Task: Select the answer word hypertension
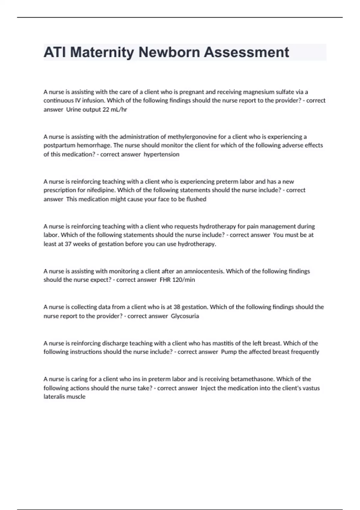coord(161,154)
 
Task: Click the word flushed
coord(196,199)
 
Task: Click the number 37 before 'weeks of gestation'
coord(68,244)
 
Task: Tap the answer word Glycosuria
coord(185,316)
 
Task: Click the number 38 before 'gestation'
coord(177,307)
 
